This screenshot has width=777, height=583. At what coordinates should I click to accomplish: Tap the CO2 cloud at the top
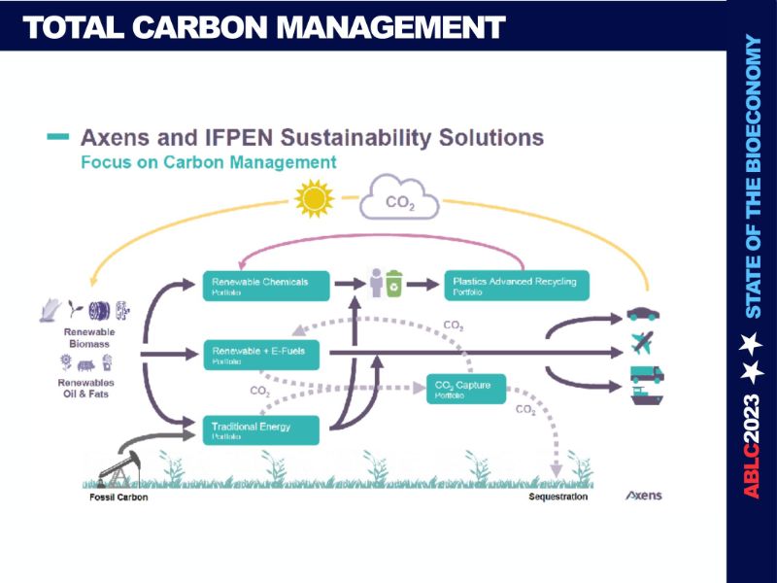(x=399, y=202)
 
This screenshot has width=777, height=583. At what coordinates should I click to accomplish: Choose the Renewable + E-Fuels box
(x=260, y=355)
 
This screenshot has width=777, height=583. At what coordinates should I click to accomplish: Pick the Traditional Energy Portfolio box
(x=260, y=429)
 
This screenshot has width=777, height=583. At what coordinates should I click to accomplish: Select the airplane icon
(x=642, y=343)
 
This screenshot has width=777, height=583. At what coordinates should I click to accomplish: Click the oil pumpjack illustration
(x=120, y=463)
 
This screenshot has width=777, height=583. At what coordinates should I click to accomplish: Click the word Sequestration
(x=558, y=497)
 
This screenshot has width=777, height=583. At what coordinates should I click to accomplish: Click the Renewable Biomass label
(x=89, y=337)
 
